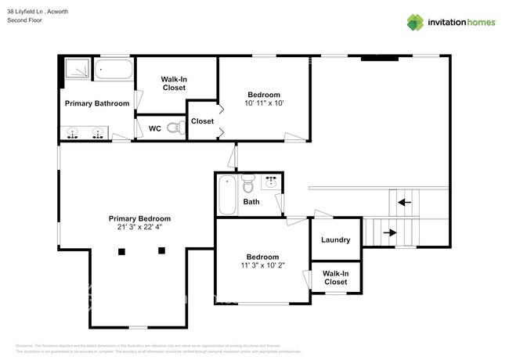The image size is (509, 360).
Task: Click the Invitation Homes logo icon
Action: [415, 22]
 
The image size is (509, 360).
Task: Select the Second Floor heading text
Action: [24, 20]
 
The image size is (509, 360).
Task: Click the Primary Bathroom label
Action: [97, 103]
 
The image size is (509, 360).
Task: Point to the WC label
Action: [155, 128]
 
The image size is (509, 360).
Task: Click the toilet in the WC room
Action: [175, 128]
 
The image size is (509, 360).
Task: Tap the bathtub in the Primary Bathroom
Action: [114, 70]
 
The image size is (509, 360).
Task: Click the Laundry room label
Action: [335, 240]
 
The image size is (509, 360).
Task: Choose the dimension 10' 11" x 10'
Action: [263, 103]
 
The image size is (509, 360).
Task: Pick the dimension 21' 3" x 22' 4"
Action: [139, 228]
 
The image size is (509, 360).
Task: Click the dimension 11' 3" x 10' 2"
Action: [262, 266]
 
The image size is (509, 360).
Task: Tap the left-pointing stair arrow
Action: [403, 203]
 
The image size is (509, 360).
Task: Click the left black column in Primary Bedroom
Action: [121, 251]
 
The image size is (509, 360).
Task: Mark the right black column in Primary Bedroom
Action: [162, 250]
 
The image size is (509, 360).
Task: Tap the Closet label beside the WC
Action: [202, 121]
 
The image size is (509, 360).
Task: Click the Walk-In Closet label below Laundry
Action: [335, 277]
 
